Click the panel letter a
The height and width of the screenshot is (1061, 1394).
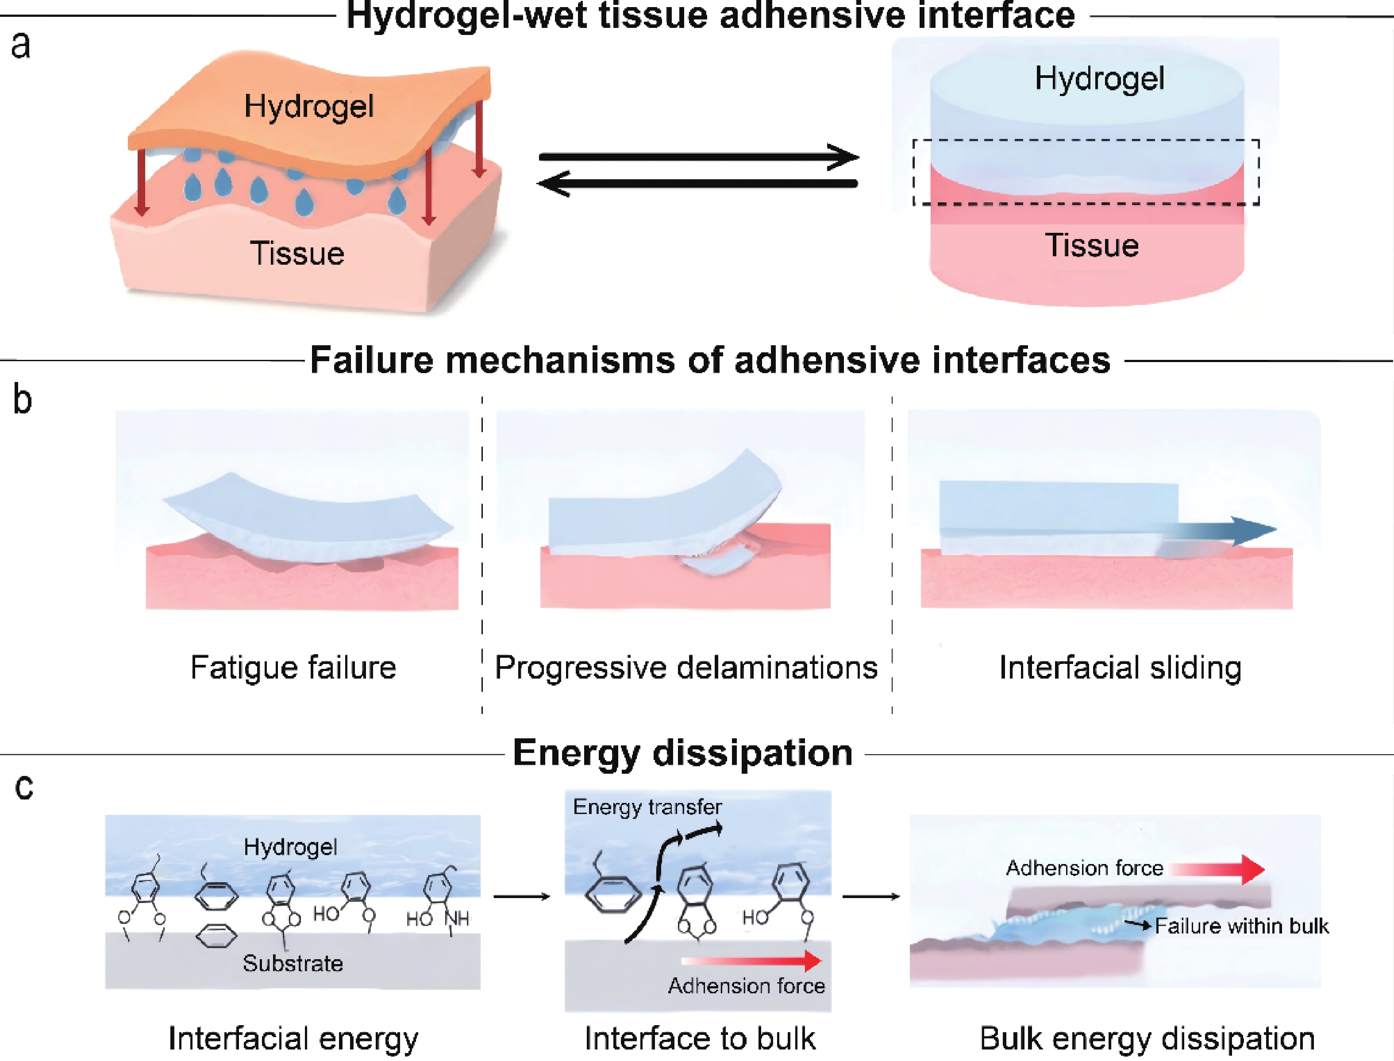pos(21,46)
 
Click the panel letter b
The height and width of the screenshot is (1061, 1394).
pos(22,399)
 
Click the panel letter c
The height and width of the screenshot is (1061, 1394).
pos(24,787)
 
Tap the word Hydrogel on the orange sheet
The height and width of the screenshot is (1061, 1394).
pos(309,107)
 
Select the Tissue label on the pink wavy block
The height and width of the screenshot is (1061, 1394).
pos(297,253)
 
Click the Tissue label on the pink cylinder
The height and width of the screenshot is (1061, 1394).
pos(1092,245)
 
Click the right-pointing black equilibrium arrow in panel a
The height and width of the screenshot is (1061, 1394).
pos(699,157)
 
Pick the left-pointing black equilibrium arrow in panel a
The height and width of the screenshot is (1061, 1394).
pos(697,184)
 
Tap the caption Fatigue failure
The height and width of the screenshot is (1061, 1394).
pos(293,667)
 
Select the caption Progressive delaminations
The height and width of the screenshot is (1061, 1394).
pos(686,667)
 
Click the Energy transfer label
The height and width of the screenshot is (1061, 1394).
pos(648,807)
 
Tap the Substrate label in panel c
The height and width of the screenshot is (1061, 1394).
pos(293,963)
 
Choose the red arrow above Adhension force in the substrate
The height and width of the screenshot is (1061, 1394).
pos(751,961)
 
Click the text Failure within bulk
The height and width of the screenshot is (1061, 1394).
pos(1242,926)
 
